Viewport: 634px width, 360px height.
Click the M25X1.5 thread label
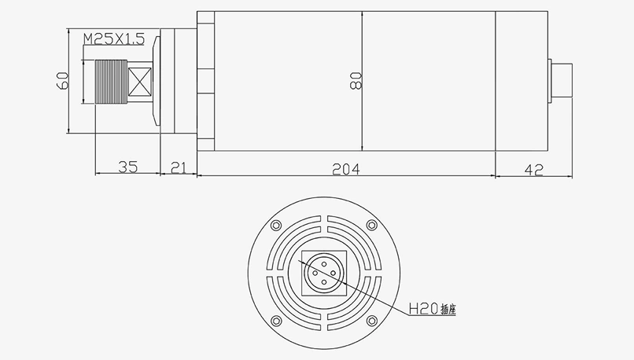click(x=113, y=38)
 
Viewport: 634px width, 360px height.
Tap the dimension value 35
click(x=127, y=167)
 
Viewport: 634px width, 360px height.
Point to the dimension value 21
click(x=179, y=167)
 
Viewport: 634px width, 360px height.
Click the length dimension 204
click(x=345, y=167)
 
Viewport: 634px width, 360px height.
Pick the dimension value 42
click(x=533, y=167)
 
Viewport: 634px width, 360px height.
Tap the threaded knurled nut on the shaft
click(x=108, y=80)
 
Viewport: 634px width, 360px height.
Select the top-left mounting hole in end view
click(x=275, y=226)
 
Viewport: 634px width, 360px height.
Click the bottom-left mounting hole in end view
click(x=275, y=321)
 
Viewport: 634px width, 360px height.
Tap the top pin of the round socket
click(x=323, y=263)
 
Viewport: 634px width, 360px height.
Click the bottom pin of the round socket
click(x=323, y=285)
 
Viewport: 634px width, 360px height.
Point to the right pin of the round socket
click(x=334, y=274)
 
